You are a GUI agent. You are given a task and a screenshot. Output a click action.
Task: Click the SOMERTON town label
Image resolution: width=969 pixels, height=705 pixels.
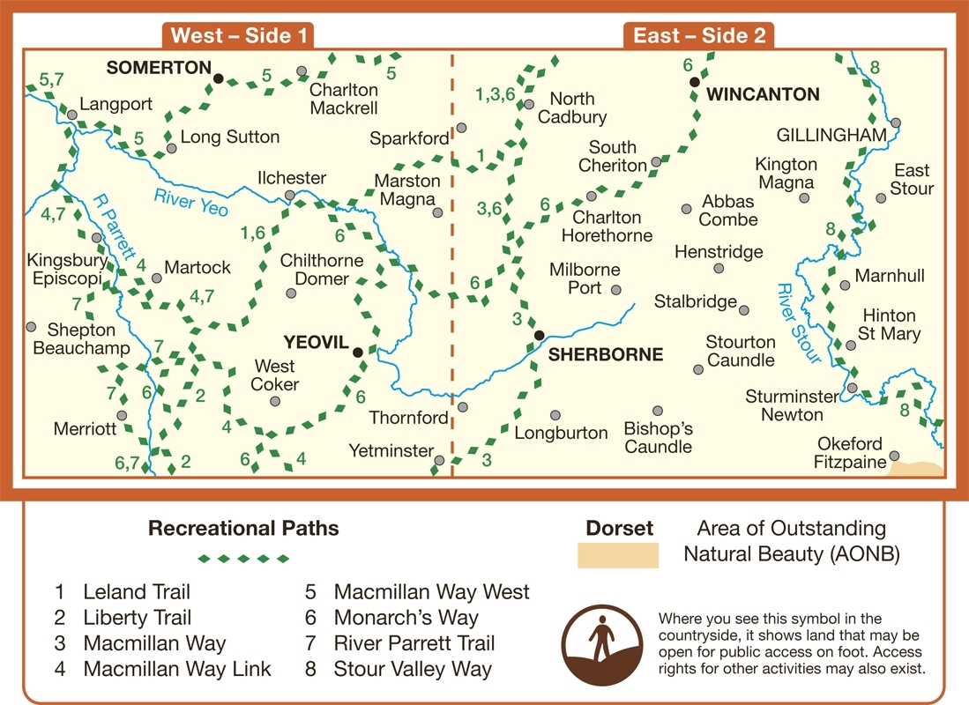pos(158,68)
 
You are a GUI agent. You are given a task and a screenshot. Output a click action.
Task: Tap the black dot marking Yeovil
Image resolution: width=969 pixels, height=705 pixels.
pos(358,352)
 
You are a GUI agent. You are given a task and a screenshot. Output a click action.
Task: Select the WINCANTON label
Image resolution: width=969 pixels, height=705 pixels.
pos(764,94)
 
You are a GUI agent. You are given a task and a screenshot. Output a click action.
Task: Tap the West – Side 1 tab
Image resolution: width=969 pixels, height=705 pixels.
pos(240,35)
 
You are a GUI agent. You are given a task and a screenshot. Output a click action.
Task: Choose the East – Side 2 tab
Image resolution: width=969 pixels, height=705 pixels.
pos(700,35)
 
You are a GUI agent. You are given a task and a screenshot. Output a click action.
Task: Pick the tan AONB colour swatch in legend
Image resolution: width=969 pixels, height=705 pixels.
pos(617,555)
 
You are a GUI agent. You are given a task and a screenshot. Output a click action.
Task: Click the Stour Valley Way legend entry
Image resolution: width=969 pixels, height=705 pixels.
pos(412,669)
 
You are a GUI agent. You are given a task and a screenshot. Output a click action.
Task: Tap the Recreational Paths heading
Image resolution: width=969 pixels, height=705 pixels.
pos(243,529)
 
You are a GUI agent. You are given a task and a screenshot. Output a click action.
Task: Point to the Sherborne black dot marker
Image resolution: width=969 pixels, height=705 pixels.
pos(539,335)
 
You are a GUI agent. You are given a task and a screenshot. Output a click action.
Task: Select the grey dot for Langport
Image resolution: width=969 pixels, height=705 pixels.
pos(71,115)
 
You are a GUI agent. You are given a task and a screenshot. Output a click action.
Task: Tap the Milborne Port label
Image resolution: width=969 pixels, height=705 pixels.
pos(585,278)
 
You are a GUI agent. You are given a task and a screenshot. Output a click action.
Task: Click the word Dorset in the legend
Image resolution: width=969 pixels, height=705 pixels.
pos(620,529)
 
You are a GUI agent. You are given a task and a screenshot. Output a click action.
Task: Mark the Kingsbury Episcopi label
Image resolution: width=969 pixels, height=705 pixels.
pos(67,270)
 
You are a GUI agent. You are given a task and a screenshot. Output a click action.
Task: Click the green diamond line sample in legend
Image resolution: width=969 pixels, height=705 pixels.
pos(243,558)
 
